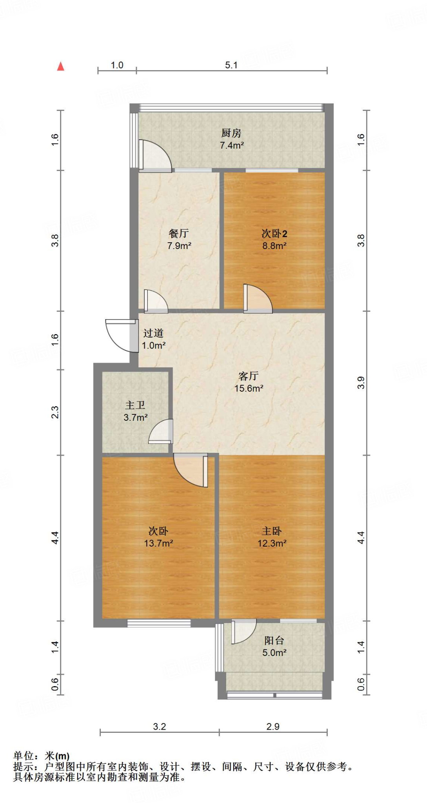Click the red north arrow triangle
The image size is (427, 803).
coord(60,67)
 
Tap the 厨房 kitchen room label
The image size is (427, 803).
coord(231,133)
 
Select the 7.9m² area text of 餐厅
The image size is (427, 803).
coord(179,246)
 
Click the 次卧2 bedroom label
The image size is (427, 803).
coord(274,234)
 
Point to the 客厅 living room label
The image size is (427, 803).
coord(249,376)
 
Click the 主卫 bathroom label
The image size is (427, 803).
coord(135,405)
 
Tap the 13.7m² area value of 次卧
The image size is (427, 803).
coord(158,543)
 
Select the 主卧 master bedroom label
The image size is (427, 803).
coord(272,531)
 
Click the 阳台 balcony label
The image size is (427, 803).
coord(274,640)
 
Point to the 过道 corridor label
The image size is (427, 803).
coord(153,333)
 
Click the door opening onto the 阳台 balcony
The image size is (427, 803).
coord(243,631)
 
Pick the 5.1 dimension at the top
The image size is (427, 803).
coord(231,65)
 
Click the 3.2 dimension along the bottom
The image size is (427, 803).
coord(160,726)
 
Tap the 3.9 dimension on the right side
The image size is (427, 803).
coord(361,383)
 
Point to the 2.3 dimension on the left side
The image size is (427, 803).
coord(55,412)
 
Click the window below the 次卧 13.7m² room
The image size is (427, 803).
coord(159,623)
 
